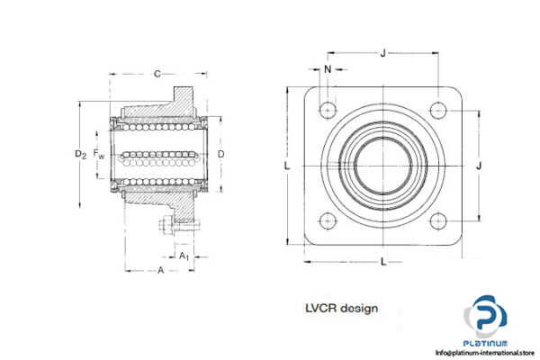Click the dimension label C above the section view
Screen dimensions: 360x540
157,73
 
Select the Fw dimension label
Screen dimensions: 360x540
99,155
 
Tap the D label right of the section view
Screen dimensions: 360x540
221,154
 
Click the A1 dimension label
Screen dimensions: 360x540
184,256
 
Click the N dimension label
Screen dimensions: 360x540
327,68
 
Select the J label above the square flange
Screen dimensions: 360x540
383,53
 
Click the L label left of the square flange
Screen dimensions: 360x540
286,166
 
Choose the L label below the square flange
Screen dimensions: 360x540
383,261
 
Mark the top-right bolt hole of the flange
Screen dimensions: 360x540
438,110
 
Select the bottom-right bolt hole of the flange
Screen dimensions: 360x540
438,220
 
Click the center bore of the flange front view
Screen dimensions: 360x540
383,166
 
